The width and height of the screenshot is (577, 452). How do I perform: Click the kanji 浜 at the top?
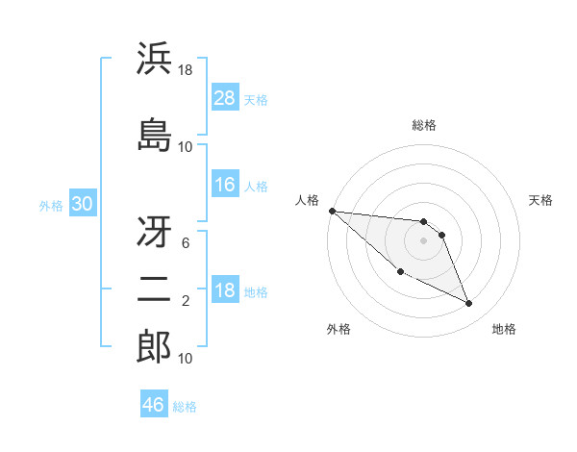(154, 61)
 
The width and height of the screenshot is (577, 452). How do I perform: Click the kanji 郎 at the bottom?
(154, 347)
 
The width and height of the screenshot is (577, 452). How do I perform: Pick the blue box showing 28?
(225, 98)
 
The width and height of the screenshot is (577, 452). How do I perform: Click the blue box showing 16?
(225, 185)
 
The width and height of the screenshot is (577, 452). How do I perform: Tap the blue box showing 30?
(82, 205)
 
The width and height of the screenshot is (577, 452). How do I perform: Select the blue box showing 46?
(154, 404)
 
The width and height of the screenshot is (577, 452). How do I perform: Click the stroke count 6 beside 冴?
(185, 243)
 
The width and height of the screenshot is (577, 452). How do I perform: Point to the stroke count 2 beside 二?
(185, 301)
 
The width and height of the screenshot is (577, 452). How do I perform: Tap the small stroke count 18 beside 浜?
(186, 70)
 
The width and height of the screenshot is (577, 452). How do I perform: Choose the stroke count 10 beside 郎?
(186, 359)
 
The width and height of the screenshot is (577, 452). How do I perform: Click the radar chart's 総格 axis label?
(423, 125)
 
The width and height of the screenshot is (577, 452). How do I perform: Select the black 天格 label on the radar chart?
(541, 200)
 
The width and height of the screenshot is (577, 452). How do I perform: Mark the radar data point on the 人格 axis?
(332, 211)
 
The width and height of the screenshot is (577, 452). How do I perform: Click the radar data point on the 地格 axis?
(469, 304)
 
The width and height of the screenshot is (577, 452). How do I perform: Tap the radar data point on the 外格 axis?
(400, 272)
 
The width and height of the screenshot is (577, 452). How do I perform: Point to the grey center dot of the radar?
(423, 240)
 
